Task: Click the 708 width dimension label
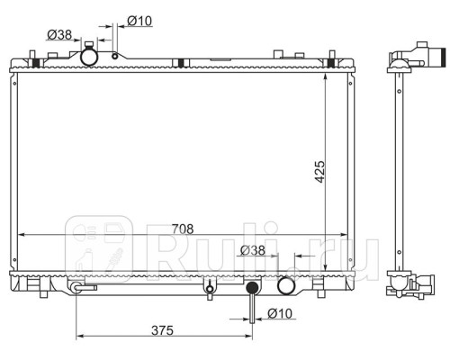tap(183, 229)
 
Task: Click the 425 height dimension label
tap(319, 172)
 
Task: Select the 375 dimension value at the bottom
tap(162, 330)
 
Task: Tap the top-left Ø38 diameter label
tap(59, 35)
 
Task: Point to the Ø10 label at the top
tap(139, 21)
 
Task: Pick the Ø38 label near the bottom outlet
tap(253, 250)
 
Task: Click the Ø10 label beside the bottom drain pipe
tap(280, 313)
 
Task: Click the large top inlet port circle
tap(89, 57)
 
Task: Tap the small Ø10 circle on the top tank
tap(114, 56)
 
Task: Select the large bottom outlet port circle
tap(286, 286)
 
